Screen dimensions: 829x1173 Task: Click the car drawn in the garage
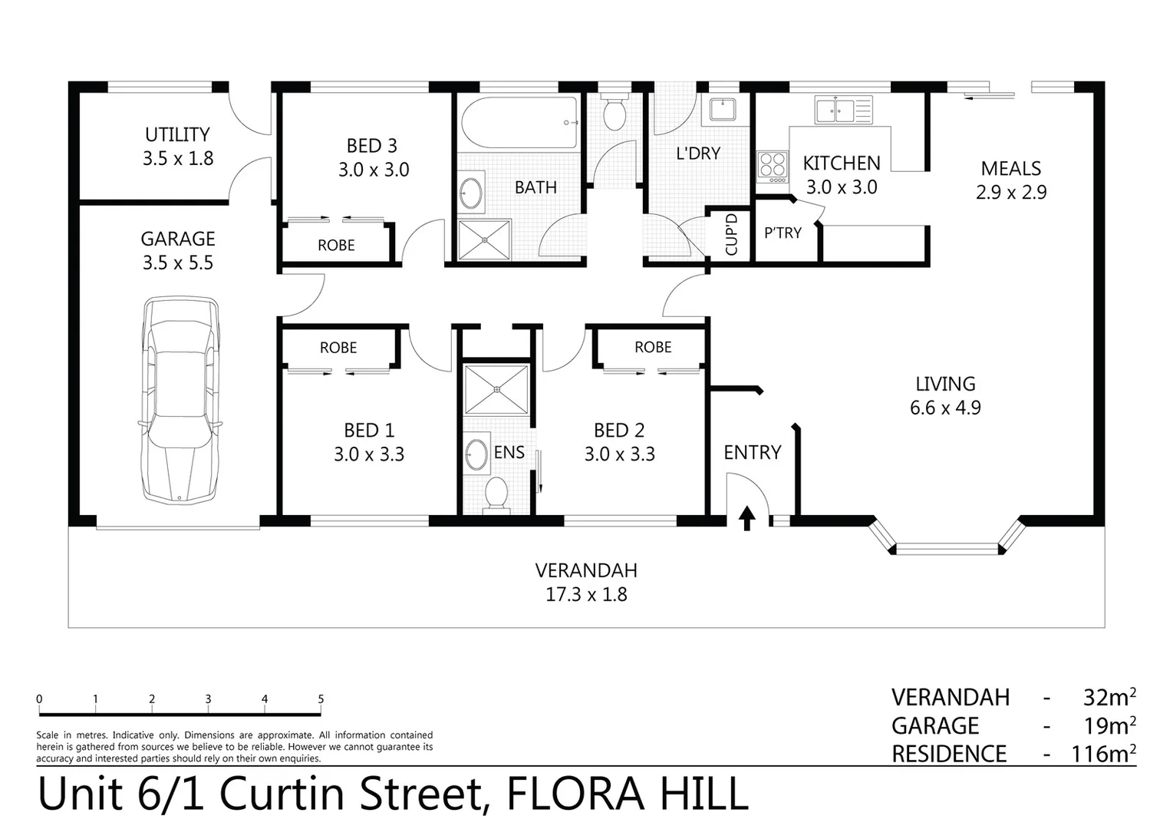pos(180,400)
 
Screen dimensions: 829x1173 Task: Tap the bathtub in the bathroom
pos(519,123)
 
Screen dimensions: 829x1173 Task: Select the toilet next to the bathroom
pos(615,113)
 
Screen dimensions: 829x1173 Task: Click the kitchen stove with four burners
pos(773,166)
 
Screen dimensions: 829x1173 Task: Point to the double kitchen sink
pos(835,111)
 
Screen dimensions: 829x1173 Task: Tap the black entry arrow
pos(746,517)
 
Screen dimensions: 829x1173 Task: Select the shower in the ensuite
pos(496,389)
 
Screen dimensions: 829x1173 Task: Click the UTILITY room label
pos(177,134)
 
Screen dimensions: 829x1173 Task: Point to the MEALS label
pos(1010,168)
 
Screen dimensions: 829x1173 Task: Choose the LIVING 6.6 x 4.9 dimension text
pos(945,408)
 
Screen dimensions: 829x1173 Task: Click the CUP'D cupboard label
pos(731,234)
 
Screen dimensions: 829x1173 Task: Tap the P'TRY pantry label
pos(783,233)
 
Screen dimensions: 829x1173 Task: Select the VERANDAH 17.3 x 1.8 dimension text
pos(586,594)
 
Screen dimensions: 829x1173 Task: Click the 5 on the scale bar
pos(321,699)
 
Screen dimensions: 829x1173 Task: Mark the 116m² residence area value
pos(1103,754)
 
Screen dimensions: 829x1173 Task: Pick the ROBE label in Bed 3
pos(336,245)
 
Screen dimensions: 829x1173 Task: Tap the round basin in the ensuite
pos(477,454)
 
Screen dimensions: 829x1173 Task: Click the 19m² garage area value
pos(1109,725)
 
